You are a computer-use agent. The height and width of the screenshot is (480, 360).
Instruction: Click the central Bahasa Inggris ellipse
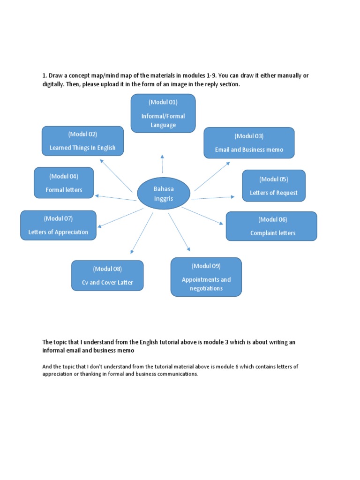[163, 194]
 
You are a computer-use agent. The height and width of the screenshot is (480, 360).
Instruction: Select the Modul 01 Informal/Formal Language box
[163, 113]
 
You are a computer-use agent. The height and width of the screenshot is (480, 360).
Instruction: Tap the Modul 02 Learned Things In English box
[82, 141]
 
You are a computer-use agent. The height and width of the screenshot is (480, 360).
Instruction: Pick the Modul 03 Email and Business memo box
[249, 142]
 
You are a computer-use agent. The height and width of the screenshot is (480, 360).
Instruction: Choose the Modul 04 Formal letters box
[64, 183]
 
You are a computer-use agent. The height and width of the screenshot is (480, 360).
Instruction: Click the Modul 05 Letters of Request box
[274, 186]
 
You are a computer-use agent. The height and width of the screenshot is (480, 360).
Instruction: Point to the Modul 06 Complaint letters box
[271, 226]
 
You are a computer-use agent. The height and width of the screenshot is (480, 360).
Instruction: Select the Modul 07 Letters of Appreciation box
[58, 225]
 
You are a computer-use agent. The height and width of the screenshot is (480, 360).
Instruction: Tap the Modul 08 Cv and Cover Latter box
[107, 276]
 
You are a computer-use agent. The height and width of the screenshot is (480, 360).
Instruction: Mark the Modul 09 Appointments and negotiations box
[206, 277]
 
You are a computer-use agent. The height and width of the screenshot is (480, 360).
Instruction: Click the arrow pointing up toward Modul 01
[162, 164]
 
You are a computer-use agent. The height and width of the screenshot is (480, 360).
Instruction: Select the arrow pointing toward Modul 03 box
[212, 176]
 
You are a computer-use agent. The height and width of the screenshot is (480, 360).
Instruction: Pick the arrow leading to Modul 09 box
[179, 232]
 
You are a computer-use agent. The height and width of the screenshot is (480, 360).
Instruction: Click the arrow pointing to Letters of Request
[213, 198]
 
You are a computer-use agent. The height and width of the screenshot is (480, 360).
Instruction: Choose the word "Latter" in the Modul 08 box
[124, 283]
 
